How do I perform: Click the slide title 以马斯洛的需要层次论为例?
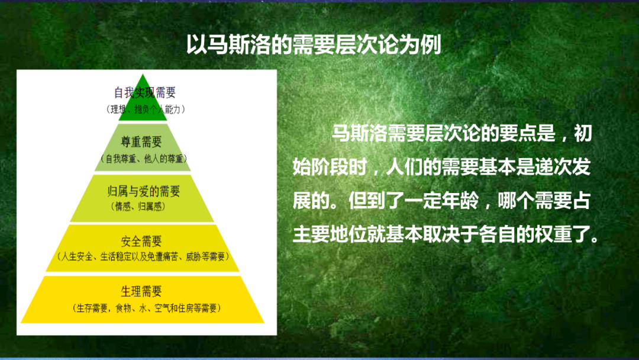[314, 44]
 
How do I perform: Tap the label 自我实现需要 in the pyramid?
[145, 92]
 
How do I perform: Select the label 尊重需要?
[141, 142]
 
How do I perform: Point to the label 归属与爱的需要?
[143, 191]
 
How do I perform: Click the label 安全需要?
[141, 242]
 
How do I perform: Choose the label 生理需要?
[141, 291]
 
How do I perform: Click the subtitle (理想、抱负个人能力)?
[146, 110]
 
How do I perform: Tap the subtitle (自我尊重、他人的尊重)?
[143, 159]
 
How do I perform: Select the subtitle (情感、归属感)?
[138, 207]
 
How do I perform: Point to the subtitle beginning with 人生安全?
[143, 257]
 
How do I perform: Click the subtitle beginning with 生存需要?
[147, 308]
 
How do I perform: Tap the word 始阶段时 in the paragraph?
[330, 167]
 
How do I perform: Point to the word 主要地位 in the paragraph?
[330, 235]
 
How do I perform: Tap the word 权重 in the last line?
[553, 235]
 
